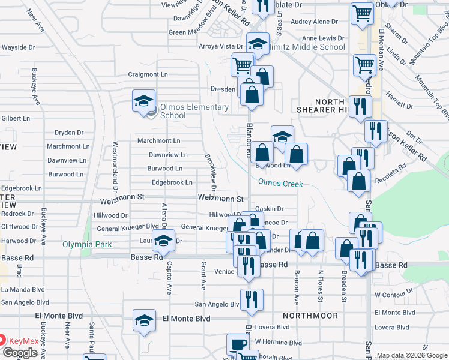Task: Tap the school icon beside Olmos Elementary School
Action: click(x=144, y=100)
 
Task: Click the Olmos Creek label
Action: click(x=280, y=184)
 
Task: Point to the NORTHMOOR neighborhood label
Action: click(x=310, y=315)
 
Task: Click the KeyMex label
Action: click(x=23, y=341)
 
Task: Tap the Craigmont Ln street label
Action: click(x=148, y=75)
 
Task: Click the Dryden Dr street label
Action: click(x=68, y=133)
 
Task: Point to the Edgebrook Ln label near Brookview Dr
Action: click(x=172, y=182)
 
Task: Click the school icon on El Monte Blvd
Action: click(x=144, y=320)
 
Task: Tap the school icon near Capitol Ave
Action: click(x=162, y=241)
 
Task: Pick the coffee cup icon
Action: click(x=238, y=344)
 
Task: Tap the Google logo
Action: click(x=20, y=353)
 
